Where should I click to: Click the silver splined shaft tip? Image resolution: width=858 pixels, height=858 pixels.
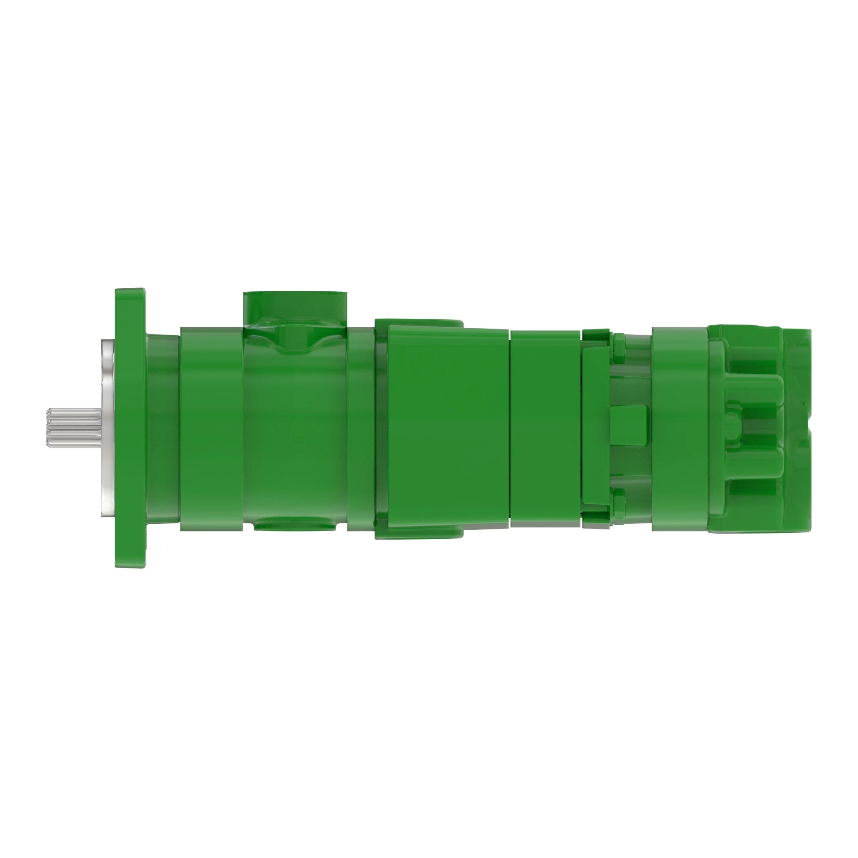74,429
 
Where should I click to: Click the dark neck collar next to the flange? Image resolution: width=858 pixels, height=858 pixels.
163,429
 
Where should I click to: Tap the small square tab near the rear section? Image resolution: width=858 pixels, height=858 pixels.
628,425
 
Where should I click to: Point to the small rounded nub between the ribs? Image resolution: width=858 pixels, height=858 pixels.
733,426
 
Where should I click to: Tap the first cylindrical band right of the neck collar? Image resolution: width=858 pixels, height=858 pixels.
211,429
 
